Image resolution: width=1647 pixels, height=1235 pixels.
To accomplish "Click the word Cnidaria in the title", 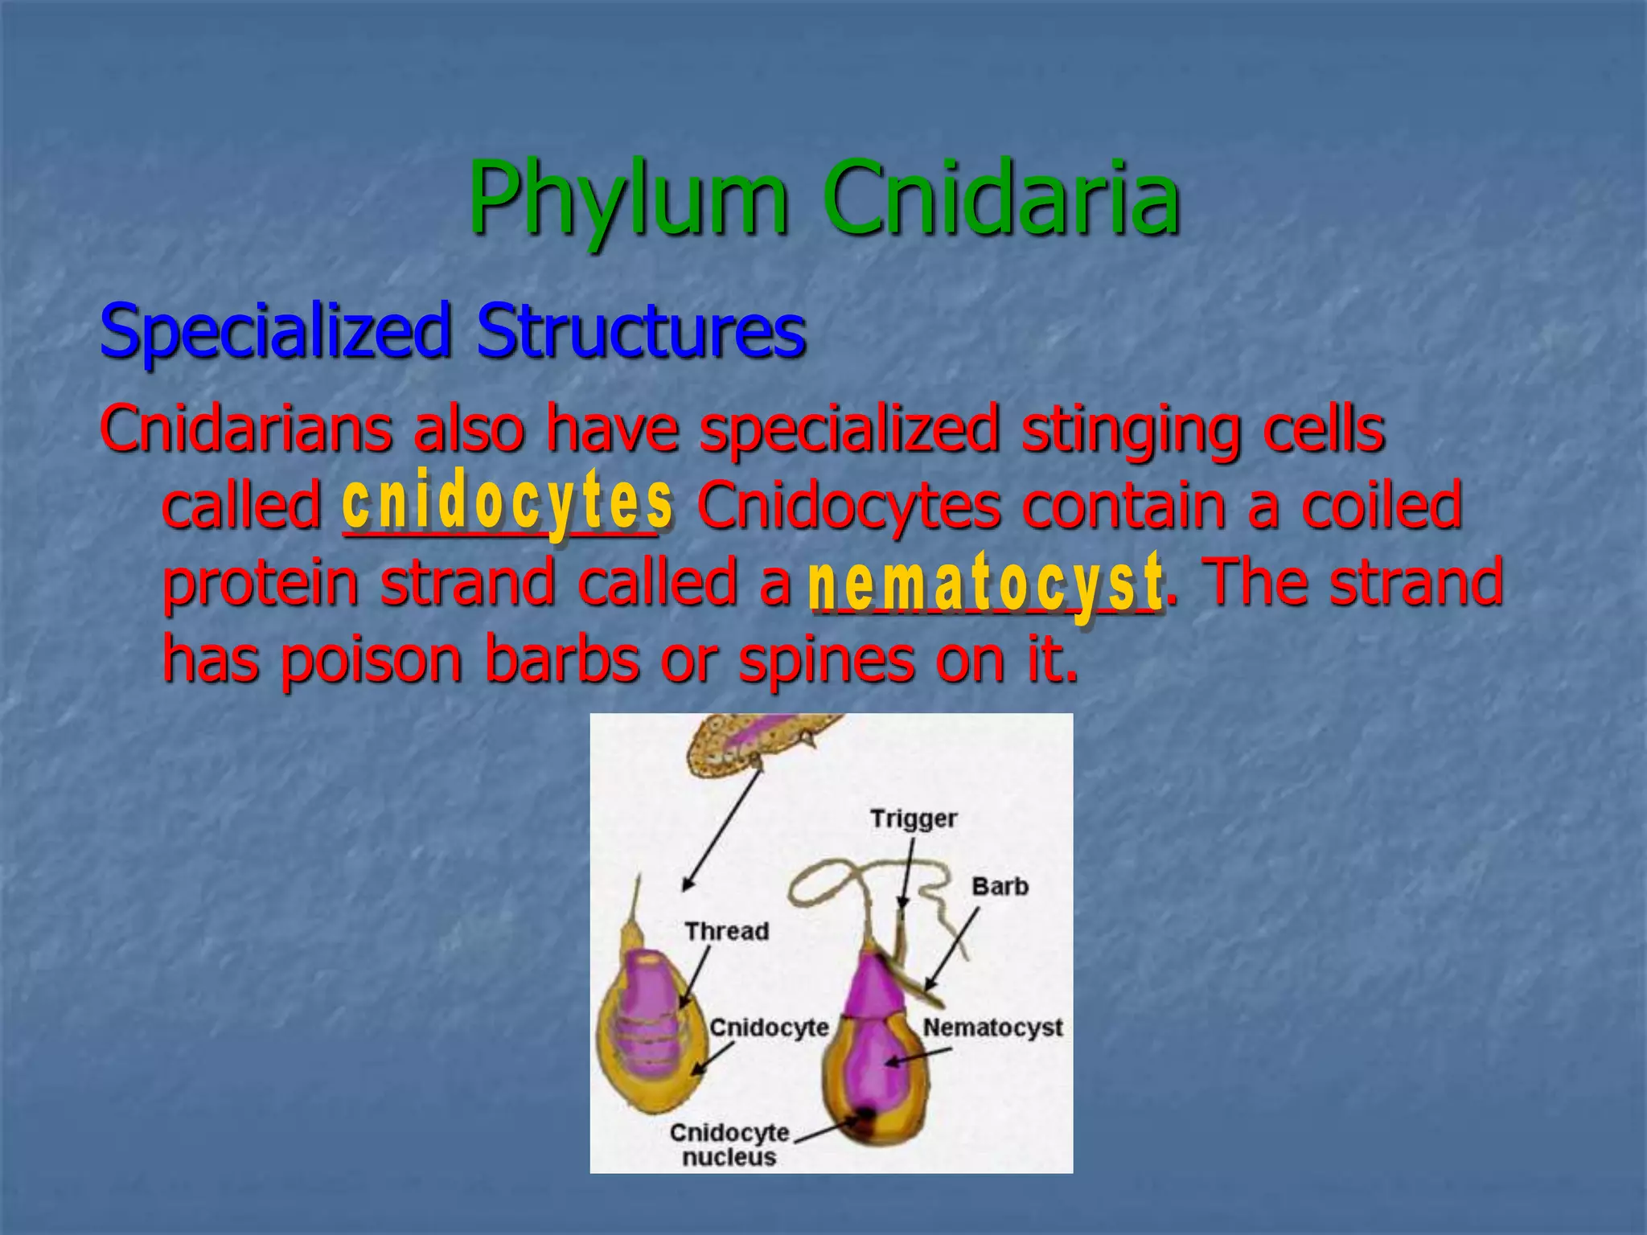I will [1000, 199].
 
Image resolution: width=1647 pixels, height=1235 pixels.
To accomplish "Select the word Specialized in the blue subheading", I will [274, 331].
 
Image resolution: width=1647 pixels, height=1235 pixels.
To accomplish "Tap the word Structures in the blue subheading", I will [640, 331].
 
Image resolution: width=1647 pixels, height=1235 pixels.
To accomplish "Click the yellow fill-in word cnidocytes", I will [507, 502].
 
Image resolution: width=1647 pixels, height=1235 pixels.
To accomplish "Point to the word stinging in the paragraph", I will [1130, 429].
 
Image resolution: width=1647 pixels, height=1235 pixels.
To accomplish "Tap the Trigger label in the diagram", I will [914, 819].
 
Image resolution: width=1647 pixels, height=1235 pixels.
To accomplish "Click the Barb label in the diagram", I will [1000, 886].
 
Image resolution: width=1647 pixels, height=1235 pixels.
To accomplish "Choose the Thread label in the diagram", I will [726, 931].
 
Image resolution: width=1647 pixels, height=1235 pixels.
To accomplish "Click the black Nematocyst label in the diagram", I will [992, 1028].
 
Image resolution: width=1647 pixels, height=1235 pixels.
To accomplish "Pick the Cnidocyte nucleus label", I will [729, 1144].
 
